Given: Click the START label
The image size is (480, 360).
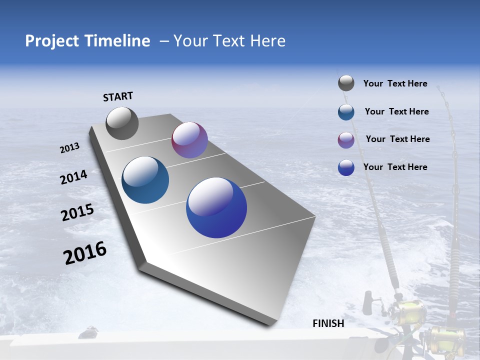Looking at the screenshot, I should click(118, 96).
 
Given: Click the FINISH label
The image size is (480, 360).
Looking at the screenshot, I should click(328, 323).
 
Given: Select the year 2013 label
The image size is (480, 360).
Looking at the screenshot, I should click(69, 148).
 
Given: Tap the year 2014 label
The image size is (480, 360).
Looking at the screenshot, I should click(73, 177).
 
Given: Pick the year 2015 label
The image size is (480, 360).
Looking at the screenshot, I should click(77, 212).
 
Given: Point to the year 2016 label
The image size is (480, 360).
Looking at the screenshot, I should click(85, 253).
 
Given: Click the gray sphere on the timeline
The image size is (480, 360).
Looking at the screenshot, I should click(122, 123).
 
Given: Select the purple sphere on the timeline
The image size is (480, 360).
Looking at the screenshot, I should click(189, 140).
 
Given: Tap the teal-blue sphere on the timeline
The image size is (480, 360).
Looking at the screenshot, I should click(145, 180).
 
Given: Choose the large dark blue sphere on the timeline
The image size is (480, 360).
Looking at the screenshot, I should click(216, 207).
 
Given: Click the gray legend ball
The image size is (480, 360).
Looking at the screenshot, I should click(346, 83).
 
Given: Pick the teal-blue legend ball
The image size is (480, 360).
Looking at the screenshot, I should click(346, 112).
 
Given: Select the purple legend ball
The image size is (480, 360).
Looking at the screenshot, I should click(346, 140).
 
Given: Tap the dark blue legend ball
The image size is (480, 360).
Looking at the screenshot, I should click(346, 167).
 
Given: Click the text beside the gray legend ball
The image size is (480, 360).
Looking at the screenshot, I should click(395, 83).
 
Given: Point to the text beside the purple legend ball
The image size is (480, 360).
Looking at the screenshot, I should click(397, 139).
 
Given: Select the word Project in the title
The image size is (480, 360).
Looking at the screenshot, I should click(50, 41).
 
